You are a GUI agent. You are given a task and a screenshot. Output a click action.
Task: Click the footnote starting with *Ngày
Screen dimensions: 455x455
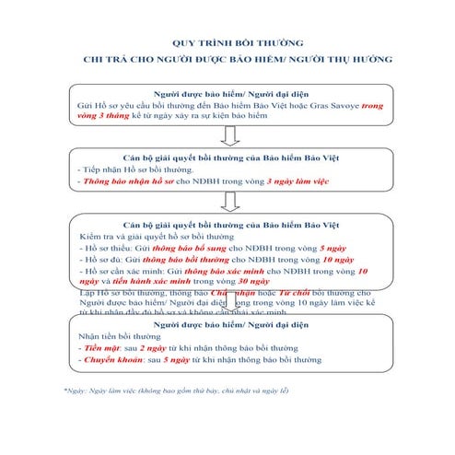176,391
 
